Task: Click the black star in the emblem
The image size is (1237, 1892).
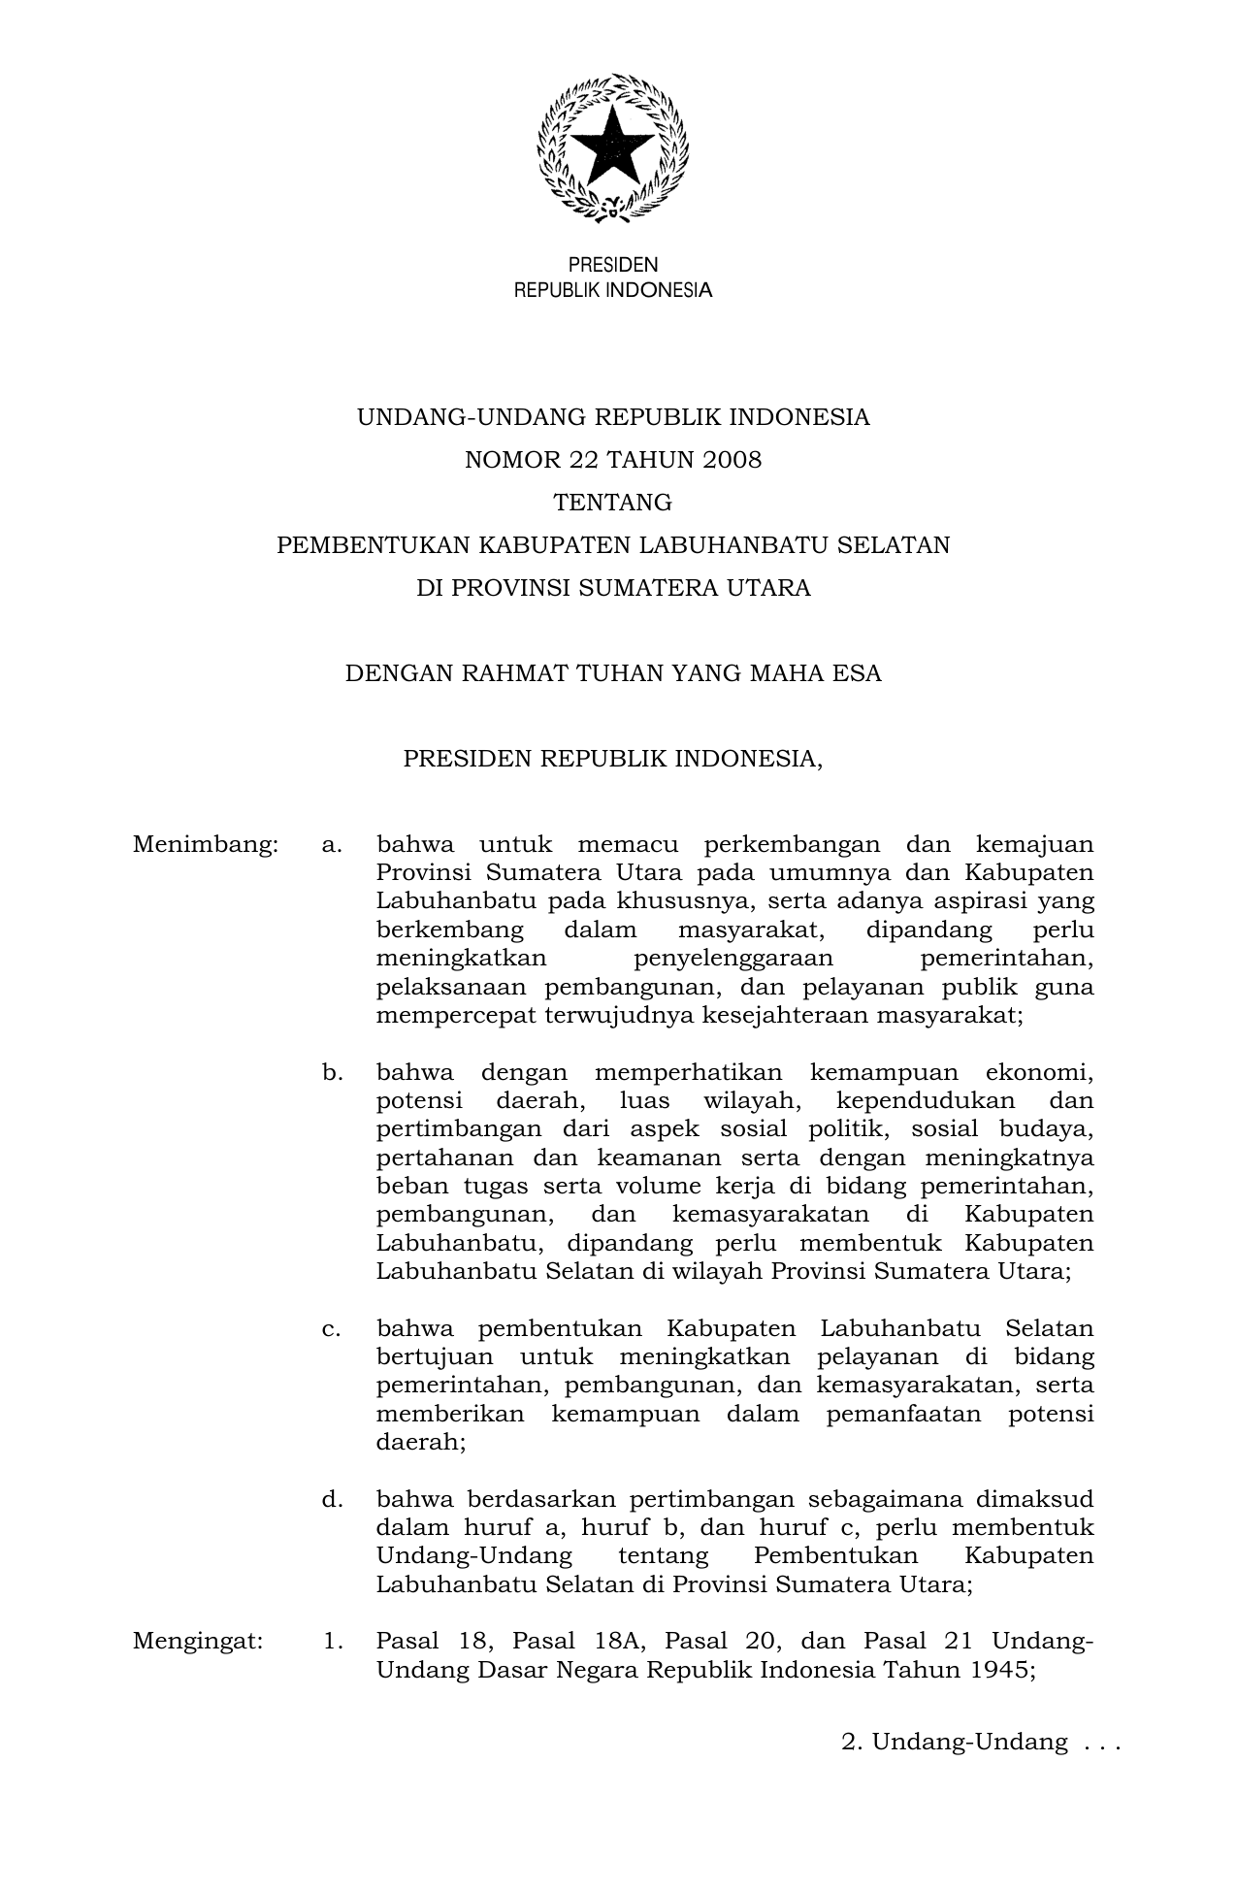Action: [x=612, y=146]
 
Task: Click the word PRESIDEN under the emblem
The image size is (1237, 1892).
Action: [x=612, y=265]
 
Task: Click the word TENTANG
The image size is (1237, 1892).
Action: [x=612, y=503]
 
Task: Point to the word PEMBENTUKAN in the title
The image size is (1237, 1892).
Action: [x=373, y=545]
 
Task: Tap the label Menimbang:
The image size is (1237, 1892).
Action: [x=206, y=845]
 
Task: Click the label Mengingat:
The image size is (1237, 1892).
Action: [x=198, y=1642]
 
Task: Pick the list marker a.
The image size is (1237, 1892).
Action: [x=332, y=845]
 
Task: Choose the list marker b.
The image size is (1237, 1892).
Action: [x=332, y=1073]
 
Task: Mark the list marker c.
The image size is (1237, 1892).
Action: [x=332, y=1328]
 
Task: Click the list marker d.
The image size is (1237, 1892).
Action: [x=332, y=1500]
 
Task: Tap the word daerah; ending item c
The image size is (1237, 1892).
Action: [x=421, y=1442]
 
